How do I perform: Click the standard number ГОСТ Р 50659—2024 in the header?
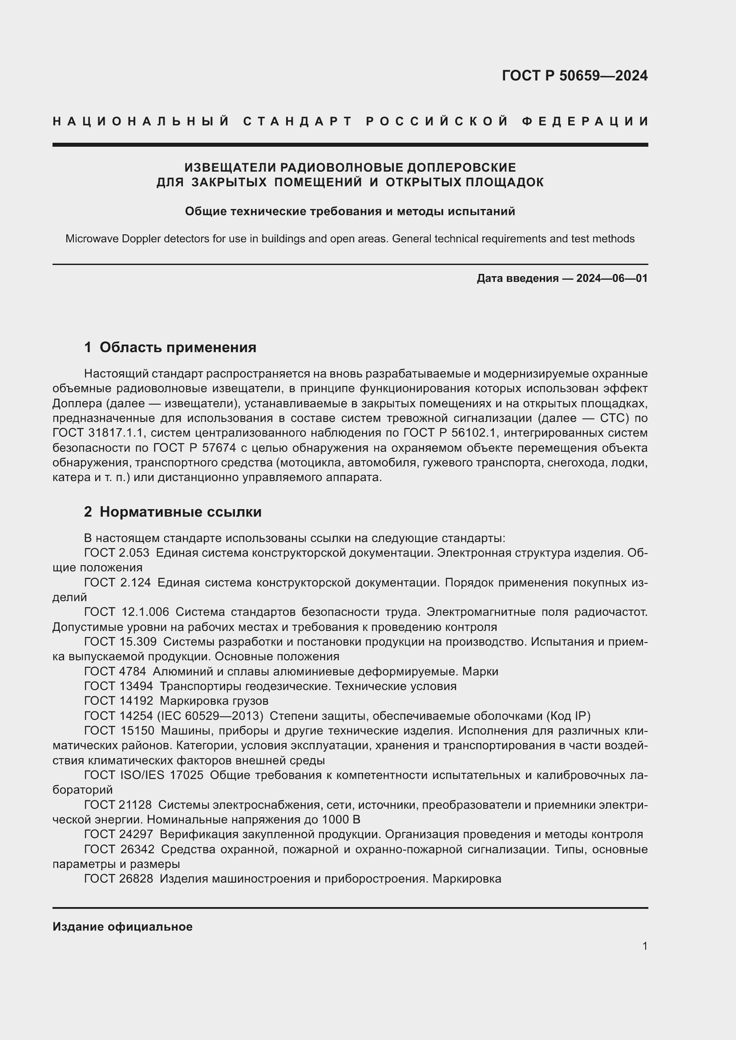coord(574,76)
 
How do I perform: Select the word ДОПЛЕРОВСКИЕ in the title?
coord(461,168)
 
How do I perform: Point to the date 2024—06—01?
coord(611,278)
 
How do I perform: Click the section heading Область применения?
coord(178,347)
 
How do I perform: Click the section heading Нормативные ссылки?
coord(180,512)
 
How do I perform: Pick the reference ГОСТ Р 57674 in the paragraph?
coord(194,448)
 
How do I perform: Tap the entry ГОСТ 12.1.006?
coord(126,612)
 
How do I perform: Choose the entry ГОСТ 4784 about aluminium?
coord(115,671)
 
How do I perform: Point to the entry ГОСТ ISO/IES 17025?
coord(144,775)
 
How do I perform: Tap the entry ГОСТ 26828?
coord(118,879)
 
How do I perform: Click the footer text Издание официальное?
coord(122,927)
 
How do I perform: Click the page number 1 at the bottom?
coord(644,946)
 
